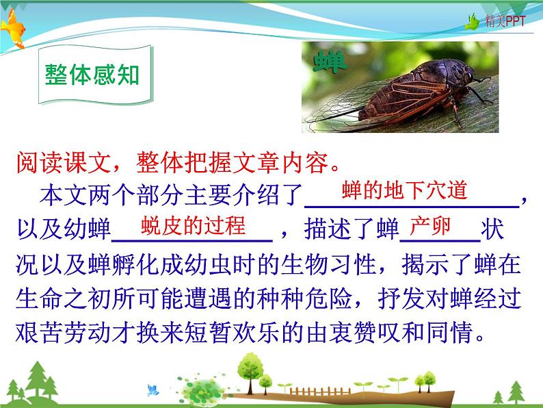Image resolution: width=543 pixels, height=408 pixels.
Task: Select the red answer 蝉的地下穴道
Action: coord(404,190)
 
